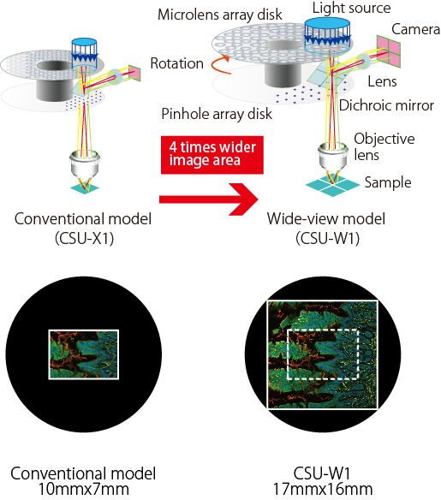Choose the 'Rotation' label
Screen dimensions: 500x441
click(x=176, y=63)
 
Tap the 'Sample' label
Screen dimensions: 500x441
click(x=388, y=182)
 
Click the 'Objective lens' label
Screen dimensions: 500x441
click(x=384, y=146)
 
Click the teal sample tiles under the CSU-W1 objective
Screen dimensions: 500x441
click(x=330, y=183)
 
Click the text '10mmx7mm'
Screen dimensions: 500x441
click(x=83, y=489)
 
